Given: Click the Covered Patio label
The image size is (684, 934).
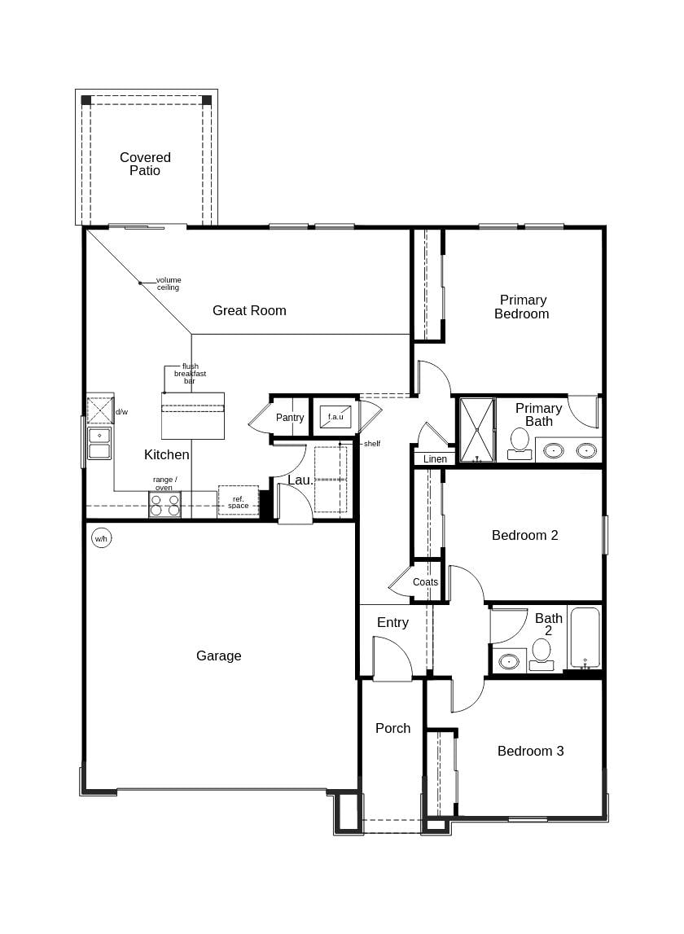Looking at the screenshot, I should coord(145,164).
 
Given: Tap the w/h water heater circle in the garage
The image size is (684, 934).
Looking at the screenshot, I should coord(101,538).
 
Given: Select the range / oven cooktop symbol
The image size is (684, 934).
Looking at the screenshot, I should coord(164,505).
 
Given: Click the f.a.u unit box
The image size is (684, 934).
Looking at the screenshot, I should coord(335,416).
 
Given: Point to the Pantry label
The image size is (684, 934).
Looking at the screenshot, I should coord(289,418).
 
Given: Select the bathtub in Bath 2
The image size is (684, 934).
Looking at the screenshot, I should coord(585,638).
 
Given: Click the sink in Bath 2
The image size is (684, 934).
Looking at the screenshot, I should coord(510,660).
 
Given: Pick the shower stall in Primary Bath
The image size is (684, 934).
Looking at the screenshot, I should coord(476,429).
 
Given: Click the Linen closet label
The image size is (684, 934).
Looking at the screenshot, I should coord(435,459).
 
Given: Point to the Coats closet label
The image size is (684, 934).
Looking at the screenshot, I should coord(425,582).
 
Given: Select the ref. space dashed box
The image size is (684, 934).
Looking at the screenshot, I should coord(238,501).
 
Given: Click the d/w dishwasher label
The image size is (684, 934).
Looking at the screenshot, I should coord(121,412).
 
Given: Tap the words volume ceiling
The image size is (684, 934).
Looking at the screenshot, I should coord(169,283).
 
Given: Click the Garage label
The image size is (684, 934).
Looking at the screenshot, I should coord(218,656).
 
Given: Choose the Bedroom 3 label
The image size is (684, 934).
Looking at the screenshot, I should coord(530,751).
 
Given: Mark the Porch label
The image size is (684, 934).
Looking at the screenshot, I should coord(392,728).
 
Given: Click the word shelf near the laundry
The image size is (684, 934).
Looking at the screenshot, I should coord(372,444).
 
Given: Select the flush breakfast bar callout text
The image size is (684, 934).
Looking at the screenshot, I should coord(190,374).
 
